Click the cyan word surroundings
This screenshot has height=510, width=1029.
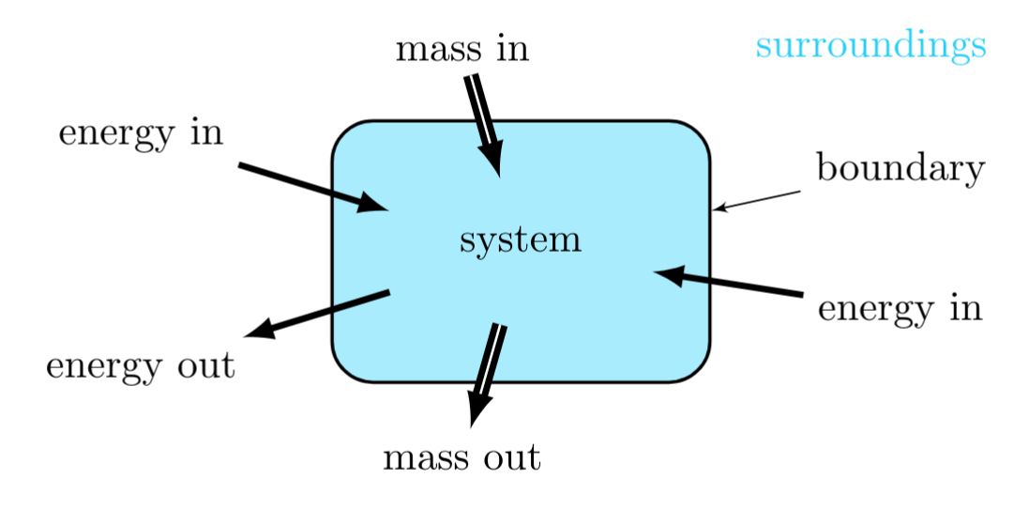tap(870, 45)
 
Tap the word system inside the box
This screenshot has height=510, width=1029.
tap(521, 240)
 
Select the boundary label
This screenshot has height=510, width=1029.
tap(900, 169)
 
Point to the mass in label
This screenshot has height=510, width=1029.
tap(462, 49)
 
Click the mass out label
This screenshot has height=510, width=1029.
tap(462, 458)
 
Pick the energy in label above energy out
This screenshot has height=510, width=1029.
tap(141, 134)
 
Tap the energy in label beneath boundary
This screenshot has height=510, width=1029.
tap(900, 308)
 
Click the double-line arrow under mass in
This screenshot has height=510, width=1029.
tap(484, 122)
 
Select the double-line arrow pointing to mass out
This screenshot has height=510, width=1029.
tap(488, 371)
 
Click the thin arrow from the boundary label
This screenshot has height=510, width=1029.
tap(758, 200)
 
